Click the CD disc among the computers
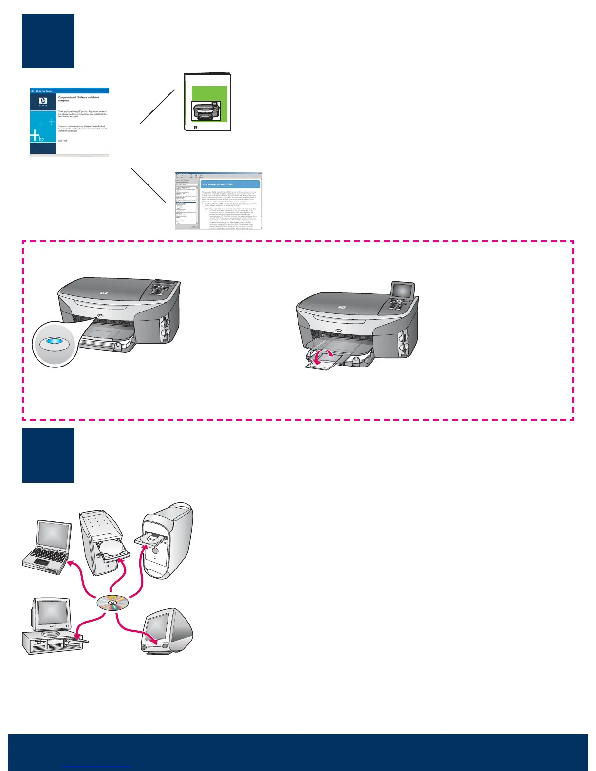point(112,604)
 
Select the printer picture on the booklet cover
point(206,111)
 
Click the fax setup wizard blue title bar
point(230,184)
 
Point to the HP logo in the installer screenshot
point(43,101)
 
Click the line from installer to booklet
point(157,107)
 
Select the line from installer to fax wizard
point(149,185)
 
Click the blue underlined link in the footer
point(97,767)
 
